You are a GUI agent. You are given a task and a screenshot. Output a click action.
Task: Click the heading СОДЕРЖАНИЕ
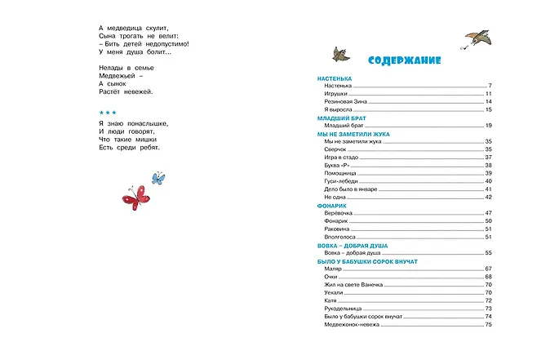coord(404,60)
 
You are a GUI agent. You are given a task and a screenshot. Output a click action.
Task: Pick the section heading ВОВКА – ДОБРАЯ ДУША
coord(353,245)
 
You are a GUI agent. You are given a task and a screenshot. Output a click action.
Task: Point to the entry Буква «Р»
coord(337,165)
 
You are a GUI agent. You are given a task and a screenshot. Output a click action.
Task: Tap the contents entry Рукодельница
coord(343,309)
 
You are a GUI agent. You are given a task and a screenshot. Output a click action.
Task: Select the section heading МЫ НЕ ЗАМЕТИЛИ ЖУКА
coord(353,133)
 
